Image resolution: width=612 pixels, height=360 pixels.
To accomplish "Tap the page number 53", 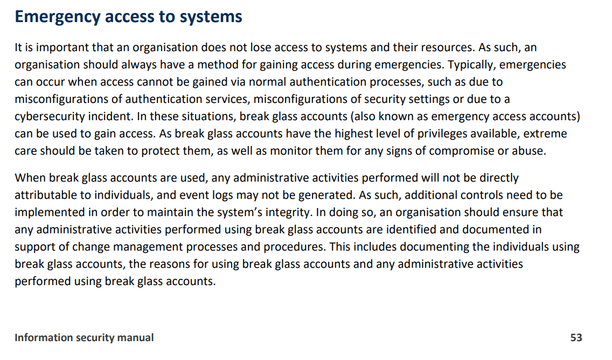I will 576,338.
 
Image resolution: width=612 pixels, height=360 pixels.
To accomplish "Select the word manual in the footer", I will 136,338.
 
